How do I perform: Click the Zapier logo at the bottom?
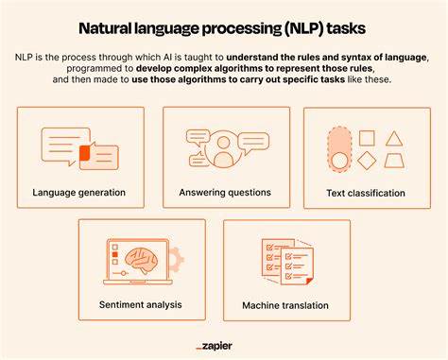tap(225, 346)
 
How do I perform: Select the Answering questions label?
tap(225, 193)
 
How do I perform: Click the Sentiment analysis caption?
tap(140, 304)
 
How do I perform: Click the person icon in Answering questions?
tap(225, 152)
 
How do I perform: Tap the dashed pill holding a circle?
tap(338, 150)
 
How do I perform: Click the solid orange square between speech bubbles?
tap(85, 152)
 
